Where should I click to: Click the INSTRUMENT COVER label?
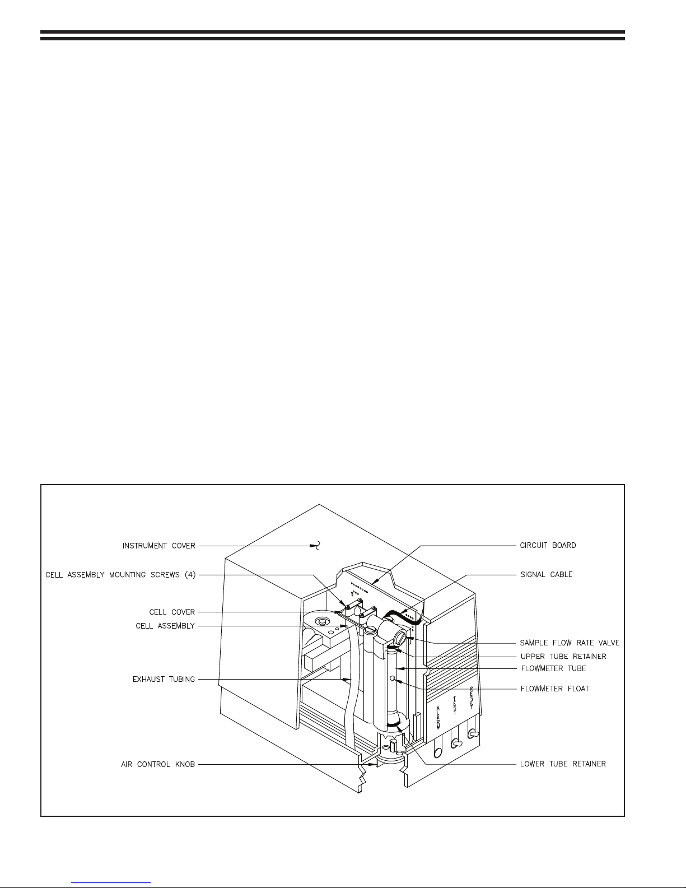click(x=159, y=546)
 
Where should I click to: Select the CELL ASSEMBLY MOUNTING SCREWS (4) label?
click(x=120, y=575)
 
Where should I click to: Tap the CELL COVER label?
click(x=172, y=612)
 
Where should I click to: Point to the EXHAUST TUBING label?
click(x=164, y=680)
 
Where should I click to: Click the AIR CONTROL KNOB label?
click(x=157, y=764)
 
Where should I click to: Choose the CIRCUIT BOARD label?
click(x=548, y=546)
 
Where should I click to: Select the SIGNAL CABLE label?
click(x=547, y=575)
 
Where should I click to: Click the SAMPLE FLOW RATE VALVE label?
click(x=570, y=643)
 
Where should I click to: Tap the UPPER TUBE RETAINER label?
click(x=563, y=656)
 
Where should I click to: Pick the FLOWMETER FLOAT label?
click(x=554, y=689)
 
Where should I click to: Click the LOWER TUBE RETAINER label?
click(x=563, y=764)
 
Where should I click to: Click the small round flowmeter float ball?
click(x=393, y=678)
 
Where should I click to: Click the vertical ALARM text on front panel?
click(x=438, y=718)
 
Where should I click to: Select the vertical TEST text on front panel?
click(x=455, y=705)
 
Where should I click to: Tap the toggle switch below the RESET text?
click(x=473, y=733)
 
